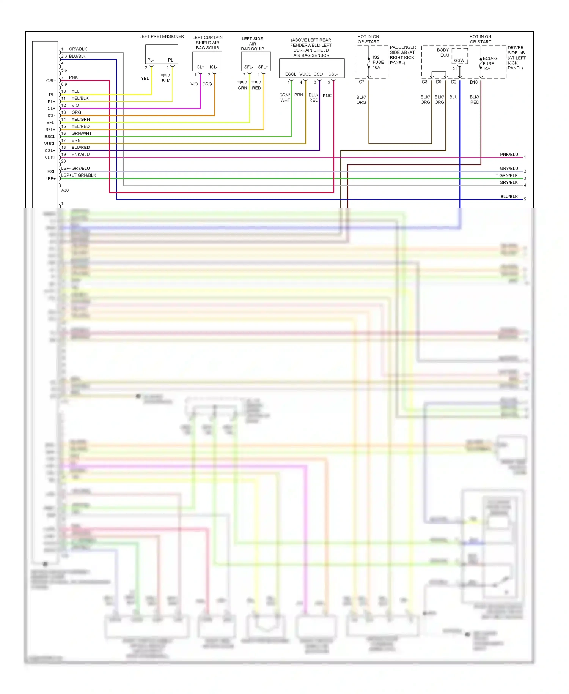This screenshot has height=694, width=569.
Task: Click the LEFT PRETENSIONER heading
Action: click(161, 36)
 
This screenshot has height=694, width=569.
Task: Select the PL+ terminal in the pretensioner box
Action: click(171, 60)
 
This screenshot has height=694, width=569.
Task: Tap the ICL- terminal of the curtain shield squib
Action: click(214, 67)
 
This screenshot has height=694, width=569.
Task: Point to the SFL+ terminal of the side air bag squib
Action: click(263, 67)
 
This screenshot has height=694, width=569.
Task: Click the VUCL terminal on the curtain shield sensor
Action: click(305, 74)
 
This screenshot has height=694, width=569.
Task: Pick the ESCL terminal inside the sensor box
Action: click(291, 74)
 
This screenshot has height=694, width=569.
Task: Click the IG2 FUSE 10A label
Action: click(378, 62)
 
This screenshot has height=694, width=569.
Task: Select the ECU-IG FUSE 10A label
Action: click(490, 63)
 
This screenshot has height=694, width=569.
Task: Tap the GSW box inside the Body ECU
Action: click(459, 60)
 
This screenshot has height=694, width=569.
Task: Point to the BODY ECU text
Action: click(443, 52)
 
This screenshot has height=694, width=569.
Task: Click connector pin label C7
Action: click(362, 82)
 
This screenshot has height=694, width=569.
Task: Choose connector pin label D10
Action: click(474, 82)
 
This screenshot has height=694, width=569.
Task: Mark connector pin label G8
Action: click(424, 82)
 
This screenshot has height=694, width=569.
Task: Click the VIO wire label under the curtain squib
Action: click(194, 84)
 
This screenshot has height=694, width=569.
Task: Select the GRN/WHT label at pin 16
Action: click(82, 133)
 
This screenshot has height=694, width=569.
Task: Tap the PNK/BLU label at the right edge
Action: click(509, 155)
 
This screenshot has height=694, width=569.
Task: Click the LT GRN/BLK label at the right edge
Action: click(505, 175)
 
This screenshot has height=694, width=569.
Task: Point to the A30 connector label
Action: click(65, 190)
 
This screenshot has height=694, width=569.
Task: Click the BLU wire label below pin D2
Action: click(453, 97)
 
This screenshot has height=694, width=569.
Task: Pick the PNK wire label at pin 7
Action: click(73, 77)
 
